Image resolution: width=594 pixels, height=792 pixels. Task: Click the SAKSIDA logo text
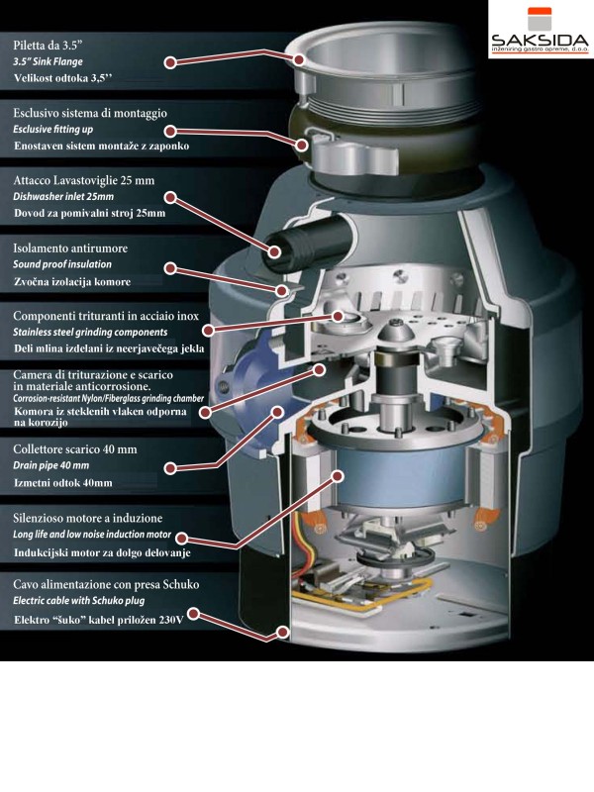click(540, 42)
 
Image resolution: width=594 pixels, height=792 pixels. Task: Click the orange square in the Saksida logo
click(540, 19)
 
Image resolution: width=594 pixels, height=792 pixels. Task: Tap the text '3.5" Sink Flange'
click(56, 61)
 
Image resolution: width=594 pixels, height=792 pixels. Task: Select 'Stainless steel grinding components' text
click(104, 332)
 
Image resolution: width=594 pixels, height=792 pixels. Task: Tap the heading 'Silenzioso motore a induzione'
click(87, 518)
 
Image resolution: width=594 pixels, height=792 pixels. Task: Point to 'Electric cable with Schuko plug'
click(96, 601)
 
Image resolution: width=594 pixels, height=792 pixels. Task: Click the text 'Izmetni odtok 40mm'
click(63, 482)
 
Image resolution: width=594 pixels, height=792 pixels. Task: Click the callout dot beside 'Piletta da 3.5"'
click(170, 61)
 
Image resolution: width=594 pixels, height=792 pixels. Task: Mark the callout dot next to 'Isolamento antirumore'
click(170, 268)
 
